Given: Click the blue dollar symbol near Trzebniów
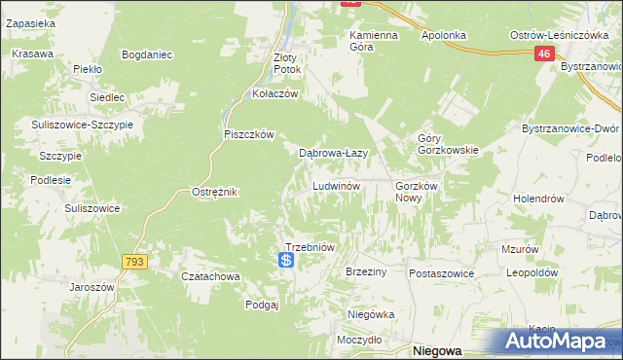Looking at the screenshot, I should click(286, 261).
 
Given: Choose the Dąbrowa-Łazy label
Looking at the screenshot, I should click(332, 153).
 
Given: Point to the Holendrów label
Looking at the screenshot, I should click(539, 198).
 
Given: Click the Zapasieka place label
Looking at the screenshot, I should click(30, 21).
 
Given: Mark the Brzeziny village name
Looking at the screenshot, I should click(366, 272).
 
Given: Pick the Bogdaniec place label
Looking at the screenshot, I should click(148, 54).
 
